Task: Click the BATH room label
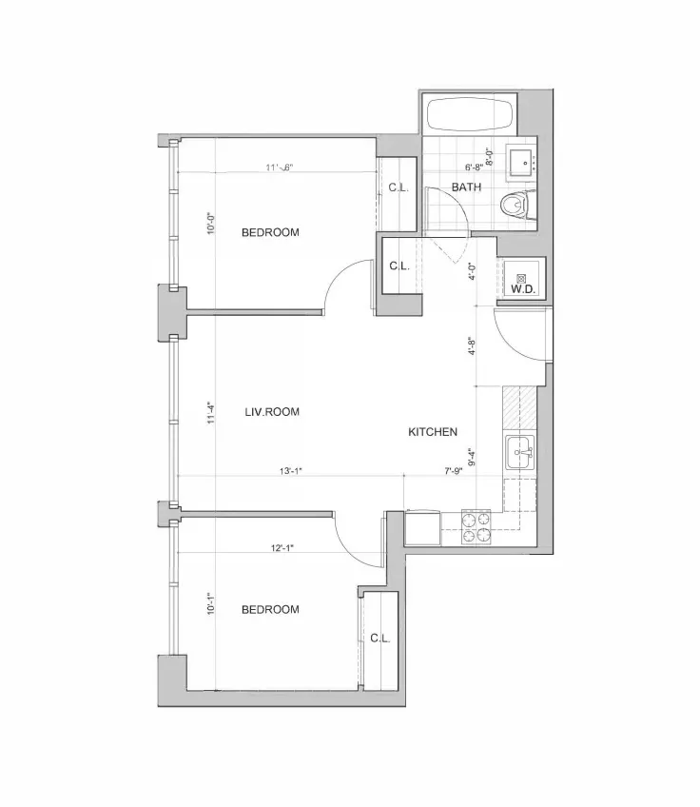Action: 466,187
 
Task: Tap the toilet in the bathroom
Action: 519,203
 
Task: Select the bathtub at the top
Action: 470,116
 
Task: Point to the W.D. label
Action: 522,288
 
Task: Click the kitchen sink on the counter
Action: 519,450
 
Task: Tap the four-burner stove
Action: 476,526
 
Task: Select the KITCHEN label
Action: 433,432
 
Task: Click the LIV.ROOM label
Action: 272,412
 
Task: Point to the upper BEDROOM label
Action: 270,232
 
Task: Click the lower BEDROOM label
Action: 270,609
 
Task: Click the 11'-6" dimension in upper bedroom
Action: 279,167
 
